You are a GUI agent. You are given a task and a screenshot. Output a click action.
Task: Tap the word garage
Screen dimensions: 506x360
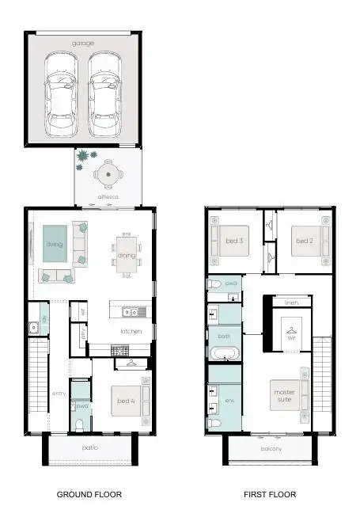[x=83, y=42]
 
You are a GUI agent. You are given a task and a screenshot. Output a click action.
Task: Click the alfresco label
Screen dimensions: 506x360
[x=108, y=196]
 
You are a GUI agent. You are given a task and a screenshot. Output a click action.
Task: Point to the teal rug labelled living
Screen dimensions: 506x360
[x=54, y=245]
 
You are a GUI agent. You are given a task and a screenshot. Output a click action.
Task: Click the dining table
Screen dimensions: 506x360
[x=127, y=255]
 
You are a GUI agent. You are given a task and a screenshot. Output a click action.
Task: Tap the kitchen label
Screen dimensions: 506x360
[x=131, y=331]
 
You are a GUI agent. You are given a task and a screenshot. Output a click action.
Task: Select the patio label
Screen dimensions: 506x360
[x=89, y=447]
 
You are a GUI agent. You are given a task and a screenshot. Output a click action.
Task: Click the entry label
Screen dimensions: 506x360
[x=59, y=394]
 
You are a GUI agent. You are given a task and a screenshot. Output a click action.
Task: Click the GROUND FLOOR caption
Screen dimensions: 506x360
[x=89, y=494]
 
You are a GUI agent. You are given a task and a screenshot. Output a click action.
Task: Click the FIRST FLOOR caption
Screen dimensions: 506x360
[x=269, y=494]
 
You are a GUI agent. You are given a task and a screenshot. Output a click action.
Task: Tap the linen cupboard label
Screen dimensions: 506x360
[x=291, y=302]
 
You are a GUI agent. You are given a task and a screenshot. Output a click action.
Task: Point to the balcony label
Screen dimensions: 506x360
[x=270, y=449]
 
